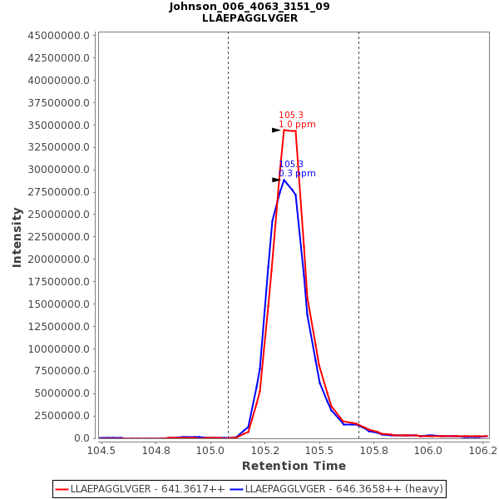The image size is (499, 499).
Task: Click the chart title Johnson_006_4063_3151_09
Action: pyautogui.click(x=249, y=7)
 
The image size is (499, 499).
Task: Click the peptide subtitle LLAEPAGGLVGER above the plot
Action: pyautogui.click(x=249, y=18)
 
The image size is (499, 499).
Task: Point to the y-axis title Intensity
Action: pyautogui.click(x=17, y=237)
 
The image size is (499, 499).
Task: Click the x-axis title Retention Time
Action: pyautogui.click(x=294, y=467)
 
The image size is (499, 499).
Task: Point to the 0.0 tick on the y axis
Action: pyautogui.click(x=82, y=438)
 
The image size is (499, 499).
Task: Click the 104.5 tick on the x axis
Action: pyautogui.click(x=101, y=451)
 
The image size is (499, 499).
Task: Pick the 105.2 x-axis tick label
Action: pyautogui.click(x=265, y=451)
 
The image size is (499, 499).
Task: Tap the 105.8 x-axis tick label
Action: pyautogui.click(x=374, y=451)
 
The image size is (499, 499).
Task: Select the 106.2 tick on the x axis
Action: pyautogui.click(x=483, y=451)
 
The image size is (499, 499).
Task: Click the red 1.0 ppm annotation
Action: pyautogui.click(x=297, y=125)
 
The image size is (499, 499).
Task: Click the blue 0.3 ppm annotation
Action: pyautogui.click(x=297, y=174)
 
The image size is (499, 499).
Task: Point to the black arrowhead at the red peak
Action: pyautogui.click(x=276, y=130)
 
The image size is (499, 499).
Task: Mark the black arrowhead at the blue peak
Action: pyautogui.click(x=276, y=180)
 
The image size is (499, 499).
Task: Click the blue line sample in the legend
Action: pyautogui.click(x=236, y=489)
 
